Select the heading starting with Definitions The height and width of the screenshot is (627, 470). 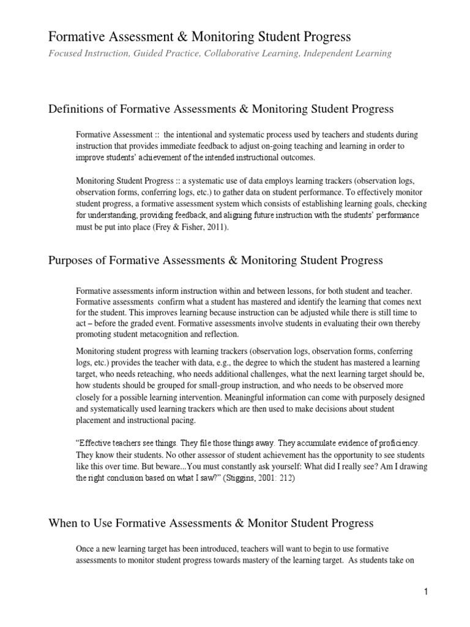point(220,109)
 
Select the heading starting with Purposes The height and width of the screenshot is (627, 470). point(215,260)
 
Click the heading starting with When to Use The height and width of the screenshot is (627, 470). point(211,524)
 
